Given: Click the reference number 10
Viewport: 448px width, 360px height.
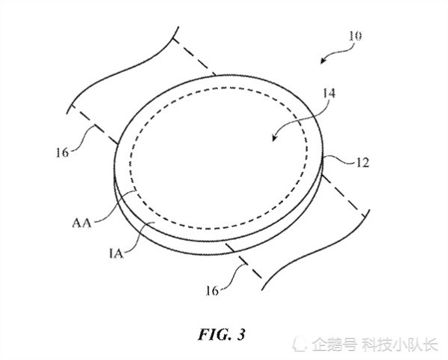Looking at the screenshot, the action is pos(355,36).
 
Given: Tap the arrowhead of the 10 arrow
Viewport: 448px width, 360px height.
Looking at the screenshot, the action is pos(323,61).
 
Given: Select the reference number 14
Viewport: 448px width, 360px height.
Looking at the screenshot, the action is pos(329,94).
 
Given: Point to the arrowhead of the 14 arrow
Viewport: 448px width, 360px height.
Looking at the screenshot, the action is pos(275,138).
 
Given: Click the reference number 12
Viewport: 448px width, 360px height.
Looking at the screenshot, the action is pos(363,163).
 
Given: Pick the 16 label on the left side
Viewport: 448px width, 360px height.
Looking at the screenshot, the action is pos(62,153).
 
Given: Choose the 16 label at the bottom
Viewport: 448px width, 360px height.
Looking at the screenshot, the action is pos(212,291).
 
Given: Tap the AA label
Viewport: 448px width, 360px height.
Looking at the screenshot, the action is pos(82,223).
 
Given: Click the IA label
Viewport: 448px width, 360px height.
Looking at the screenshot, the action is pos(116,253).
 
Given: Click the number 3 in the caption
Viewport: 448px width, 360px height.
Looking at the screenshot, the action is pos(241,334).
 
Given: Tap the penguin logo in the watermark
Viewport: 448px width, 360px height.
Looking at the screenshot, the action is pos(300,344).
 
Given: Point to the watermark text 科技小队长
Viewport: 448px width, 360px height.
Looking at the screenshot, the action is pos(400,344).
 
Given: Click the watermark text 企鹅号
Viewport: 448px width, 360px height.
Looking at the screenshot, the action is pos(334,344).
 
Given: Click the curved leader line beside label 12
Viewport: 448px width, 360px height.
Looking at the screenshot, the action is pos(339,160).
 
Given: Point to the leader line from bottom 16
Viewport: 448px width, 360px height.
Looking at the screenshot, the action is pos(234,276).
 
